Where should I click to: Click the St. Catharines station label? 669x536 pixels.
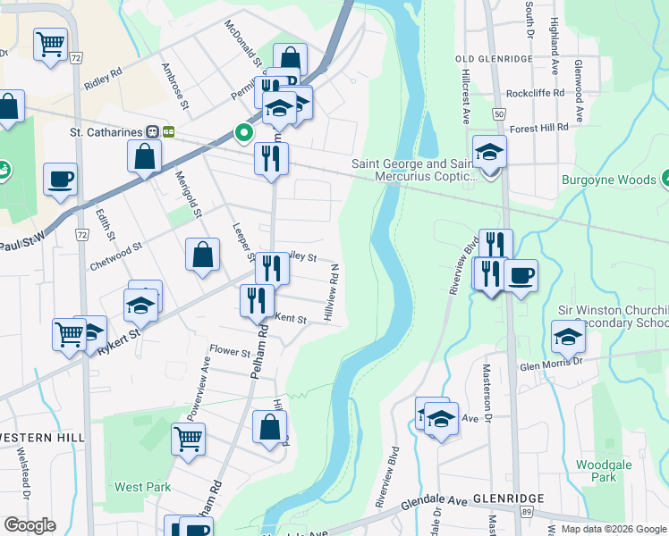[106, 131]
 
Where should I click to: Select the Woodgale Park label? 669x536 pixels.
[597, 471]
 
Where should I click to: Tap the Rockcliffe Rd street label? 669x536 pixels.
[535, 93]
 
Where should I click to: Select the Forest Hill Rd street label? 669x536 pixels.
[539, 128]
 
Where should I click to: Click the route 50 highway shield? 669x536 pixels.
[498, 114]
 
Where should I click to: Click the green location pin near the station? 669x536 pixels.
[243, 134]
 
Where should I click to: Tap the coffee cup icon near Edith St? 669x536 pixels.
[60, 180]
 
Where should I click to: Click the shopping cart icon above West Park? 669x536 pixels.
[188, 439]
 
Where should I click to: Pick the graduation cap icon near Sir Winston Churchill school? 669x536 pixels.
[568, 338]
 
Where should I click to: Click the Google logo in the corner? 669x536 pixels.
[30, 525]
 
